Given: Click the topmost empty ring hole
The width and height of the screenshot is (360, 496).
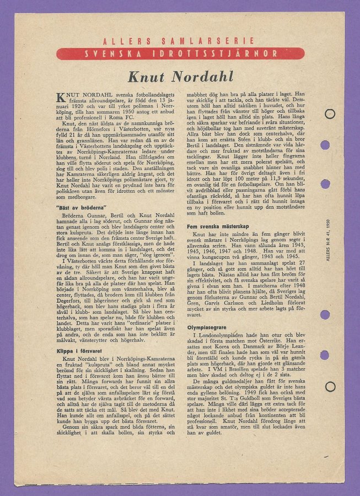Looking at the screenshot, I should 330,115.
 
